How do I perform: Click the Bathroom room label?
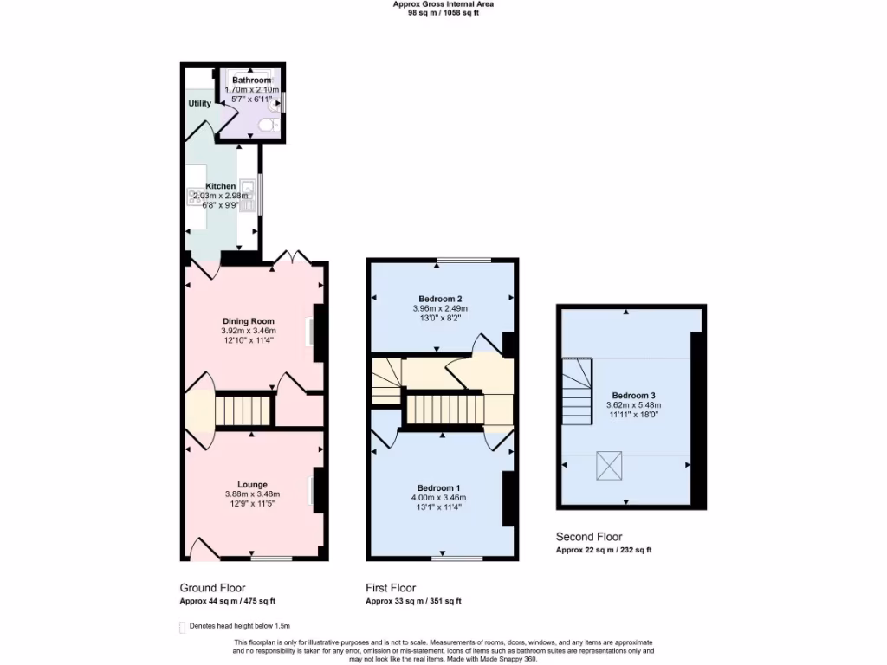coord(251,81)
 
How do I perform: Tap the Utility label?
coord(200,104)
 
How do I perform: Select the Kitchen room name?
coord(220,186)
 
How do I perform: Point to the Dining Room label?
coord(249,321)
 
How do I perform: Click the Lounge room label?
coord(252,484)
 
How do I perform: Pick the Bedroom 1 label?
coord(438,487)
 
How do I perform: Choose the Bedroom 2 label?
coord(439,299)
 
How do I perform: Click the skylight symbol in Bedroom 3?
coord(609,467)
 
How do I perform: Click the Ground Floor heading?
coord(212,587)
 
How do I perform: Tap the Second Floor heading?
coord(589,537)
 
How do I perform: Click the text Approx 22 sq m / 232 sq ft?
coord(603,550)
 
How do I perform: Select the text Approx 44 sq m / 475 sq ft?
coord(227,601)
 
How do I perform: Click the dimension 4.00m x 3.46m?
coord(438,498)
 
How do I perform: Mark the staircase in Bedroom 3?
coord(577,391)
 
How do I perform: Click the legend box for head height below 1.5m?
coord(182,627)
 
